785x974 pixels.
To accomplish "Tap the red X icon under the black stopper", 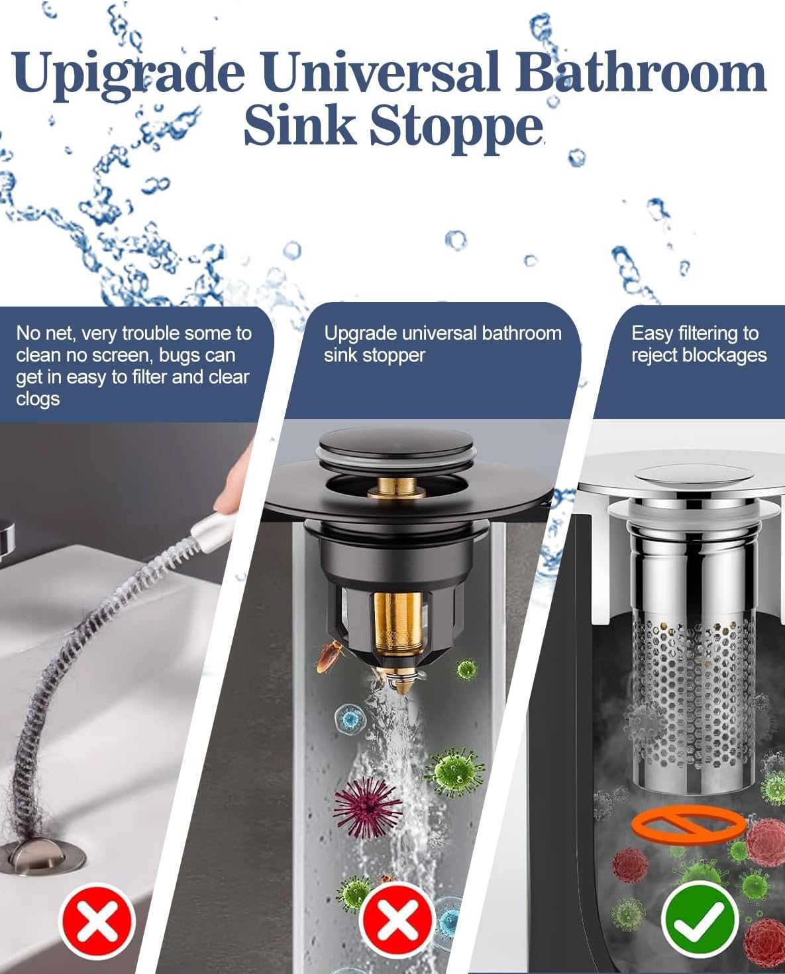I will coord(396,919).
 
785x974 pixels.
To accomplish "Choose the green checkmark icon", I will coord(700,919).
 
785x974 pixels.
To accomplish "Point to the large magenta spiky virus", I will coord(366,807).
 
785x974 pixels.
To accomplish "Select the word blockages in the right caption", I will coord(724,355).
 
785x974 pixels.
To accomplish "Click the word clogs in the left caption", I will coord(38,399).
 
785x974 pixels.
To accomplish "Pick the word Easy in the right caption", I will coord(653,333).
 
